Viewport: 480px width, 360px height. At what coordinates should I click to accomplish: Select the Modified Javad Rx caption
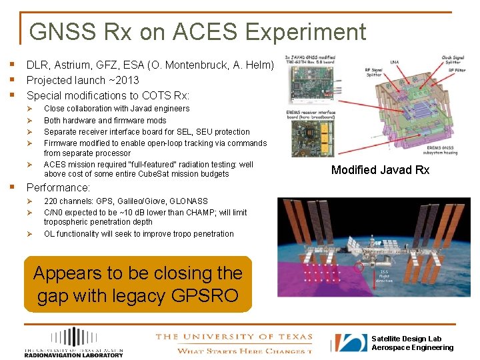click(x=380, y=170)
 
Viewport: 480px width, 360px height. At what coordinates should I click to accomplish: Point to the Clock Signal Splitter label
click(x=453, y=59)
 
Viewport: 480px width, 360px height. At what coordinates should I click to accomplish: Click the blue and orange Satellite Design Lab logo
click(x=351, y=343)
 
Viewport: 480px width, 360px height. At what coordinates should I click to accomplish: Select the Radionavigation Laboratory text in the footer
click(x=73, y=355)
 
